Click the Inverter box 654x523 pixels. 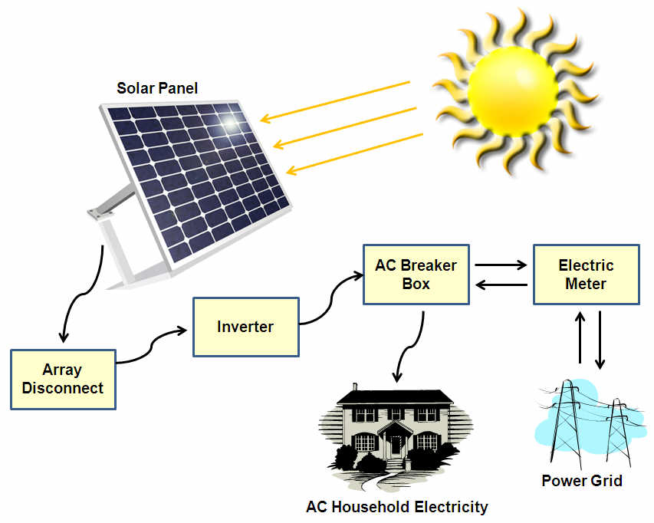coord(245,327)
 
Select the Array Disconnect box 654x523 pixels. coord(63,379)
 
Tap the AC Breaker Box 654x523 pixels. coord(416,275)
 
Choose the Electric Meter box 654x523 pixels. coord(586,275)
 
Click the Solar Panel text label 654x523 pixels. coord(156,89)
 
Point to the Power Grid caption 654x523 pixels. coord(581,482)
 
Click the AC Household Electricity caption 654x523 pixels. coord(396,507)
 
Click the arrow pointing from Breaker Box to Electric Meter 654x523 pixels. coord(501,265)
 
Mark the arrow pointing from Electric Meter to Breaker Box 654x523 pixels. coord(501,285)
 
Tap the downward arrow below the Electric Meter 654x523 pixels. coord(600,337)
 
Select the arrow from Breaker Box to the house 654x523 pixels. coord(410,345)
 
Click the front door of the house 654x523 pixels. coord(396,445)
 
